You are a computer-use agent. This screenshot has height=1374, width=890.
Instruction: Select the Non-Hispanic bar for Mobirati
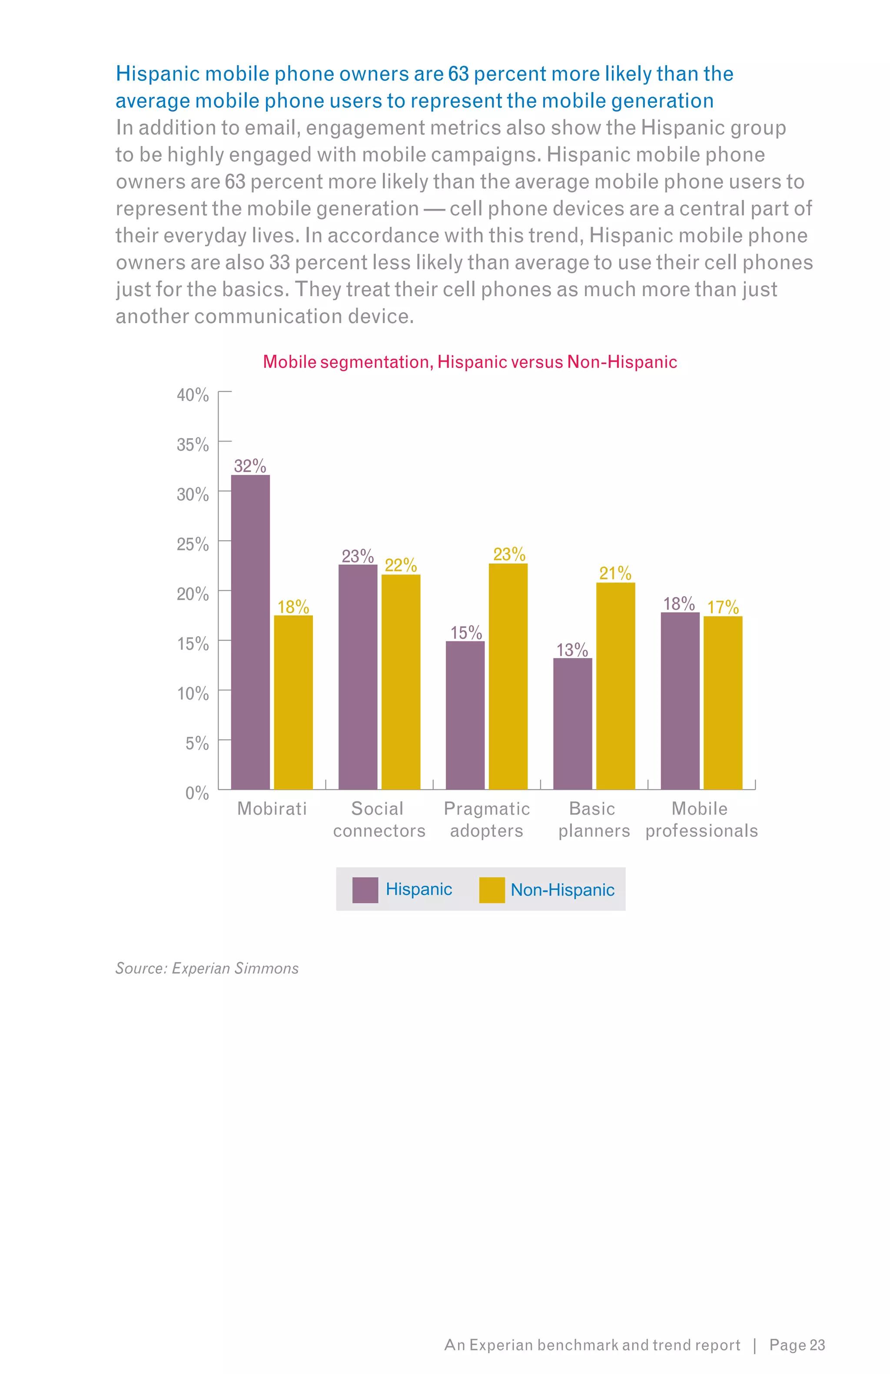click(293, 702)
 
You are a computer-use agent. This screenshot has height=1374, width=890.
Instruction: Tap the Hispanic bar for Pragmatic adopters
click(465, 715)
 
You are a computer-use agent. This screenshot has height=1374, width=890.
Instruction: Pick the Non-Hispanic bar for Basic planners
click(615, 686)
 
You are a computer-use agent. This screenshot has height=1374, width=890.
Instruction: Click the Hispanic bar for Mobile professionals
click(680, 700)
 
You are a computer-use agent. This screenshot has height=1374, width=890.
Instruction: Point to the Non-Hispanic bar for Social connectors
click(400, 681)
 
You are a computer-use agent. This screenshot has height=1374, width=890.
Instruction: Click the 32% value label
click(249, 466)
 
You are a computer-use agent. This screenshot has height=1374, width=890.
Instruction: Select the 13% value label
click(572, 650)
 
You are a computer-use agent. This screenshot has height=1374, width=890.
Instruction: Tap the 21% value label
click(615, 573)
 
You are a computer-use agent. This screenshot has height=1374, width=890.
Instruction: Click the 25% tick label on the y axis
click(193, 544)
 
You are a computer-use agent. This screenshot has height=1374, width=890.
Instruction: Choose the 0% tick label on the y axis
click(197, 793)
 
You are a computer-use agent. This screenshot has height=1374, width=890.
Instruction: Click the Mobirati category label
click(272, 808)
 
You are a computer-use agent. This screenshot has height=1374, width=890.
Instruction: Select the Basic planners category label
click(593, 819)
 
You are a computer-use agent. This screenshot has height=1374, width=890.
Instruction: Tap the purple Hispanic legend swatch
click(365, 890)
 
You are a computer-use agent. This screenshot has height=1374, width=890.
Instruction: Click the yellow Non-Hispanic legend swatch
click(491, 890)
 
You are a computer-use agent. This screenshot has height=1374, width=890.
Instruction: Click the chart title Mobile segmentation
click(469, 362)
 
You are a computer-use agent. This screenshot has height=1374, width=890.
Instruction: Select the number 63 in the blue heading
click(458, 74)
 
